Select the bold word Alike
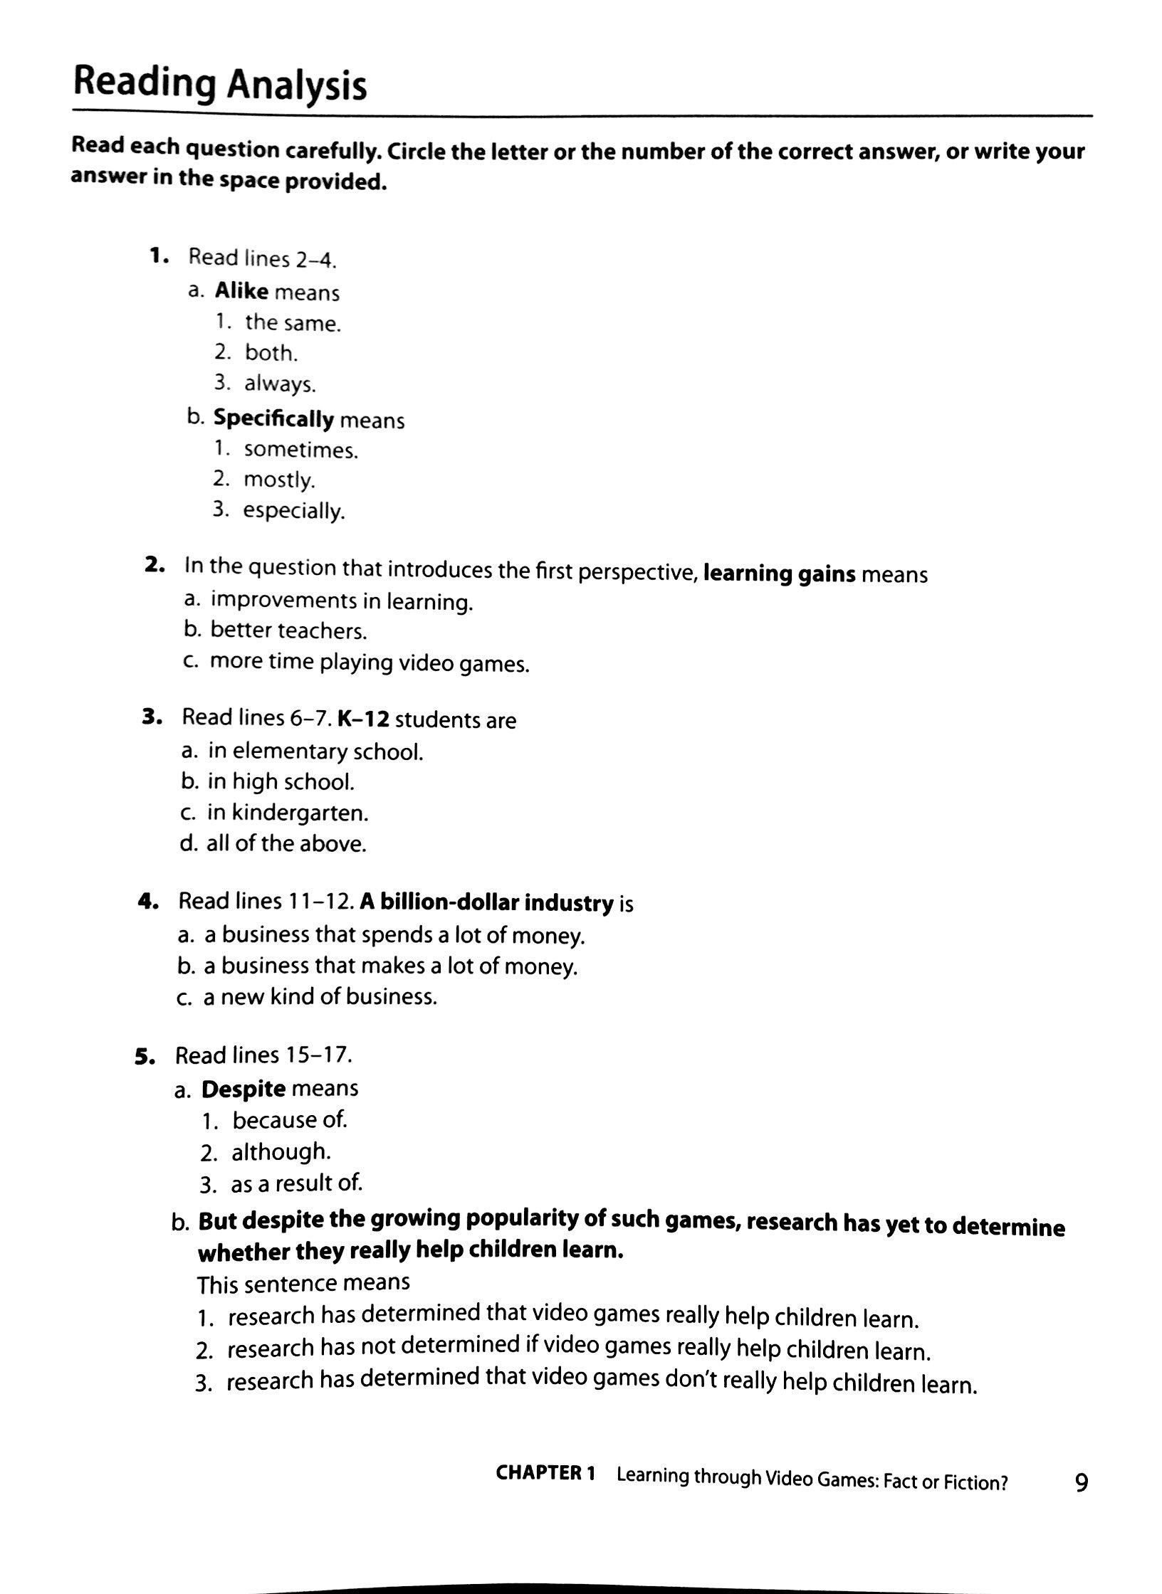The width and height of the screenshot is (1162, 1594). click(241, 291)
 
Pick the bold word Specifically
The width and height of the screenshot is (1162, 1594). click(273, 418)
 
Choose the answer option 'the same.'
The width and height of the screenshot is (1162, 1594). click(293, 323)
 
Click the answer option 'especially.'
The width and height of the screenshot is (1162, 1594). click(293, 510)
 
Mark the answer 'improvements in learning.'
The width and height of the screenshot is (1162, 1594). click(342, 601)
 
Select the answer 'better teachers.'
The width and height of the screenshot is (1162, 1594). click(288, 630)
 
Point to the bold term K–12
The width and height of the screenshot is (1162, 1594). click(363, 719)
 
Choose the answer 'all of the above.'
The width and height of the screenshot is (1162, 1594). click(286, 844)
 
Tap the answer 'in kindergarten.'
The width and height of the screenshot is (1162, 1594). click(288, 813)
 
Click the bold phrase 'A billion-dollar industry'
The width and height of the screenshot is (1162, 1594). click(486, 902)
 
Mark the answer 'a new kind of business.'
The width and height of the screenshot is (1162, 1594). click(320, 996)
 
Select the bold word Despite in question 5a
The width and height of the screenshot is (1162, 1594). click(244, 1089)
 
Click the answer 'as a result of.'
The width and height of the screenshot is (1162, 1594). click(296, 1183)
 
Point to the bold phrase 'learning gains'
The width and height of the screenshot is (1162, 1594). click(779, 574)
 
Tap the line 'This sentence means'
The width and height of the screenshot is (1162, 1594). click(303, 1283)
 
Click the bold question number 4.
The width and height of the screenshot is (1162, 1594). click(147, 902)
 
